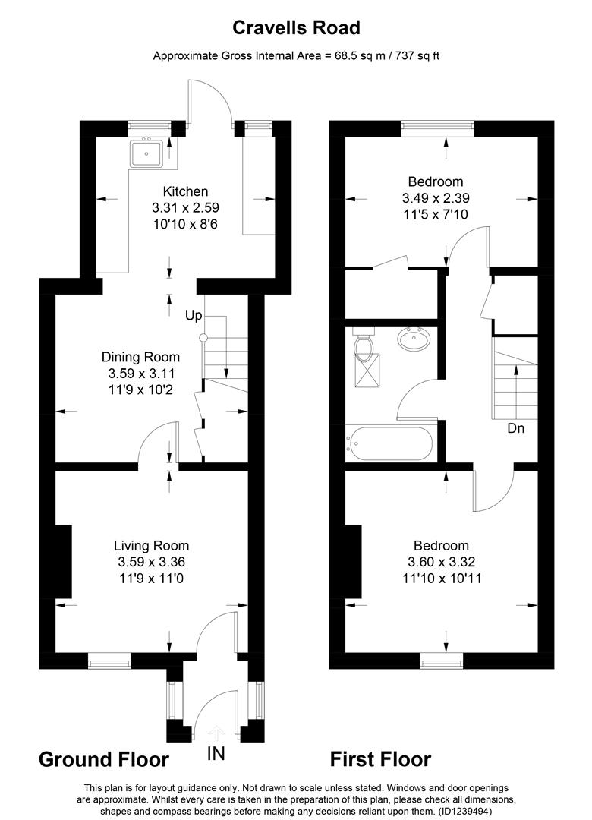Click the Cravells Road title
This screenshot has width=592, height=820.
[296, 28]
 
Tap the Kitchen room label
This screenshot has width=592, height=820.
[185, 191]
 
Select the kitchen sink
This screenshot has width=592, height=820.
[146, 154]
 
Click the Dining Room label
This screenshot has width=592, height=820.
[141, 357]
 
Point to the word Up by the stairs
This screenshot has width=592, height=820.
[194, 314]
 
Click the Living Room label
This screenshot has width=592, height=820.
[151, 545]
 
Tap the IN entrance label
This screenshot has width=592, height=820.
[216, 755]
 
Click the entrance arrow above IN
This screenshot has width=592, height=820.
[216, 733]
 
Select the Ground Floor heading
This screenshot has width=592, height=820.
[103, 759]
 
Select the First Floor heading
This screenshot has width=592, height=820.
[380, 759]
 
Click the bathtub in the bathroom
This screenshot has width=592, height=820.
[389, 443]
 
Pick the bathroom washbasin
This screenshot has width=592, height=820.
[414, 337]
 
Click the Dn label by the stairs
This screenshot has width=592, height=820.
[517, 428]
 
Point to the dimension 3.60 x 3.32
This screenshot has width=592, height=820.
[441, 562]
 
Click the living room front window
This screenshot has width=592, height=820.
[109, 661]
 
